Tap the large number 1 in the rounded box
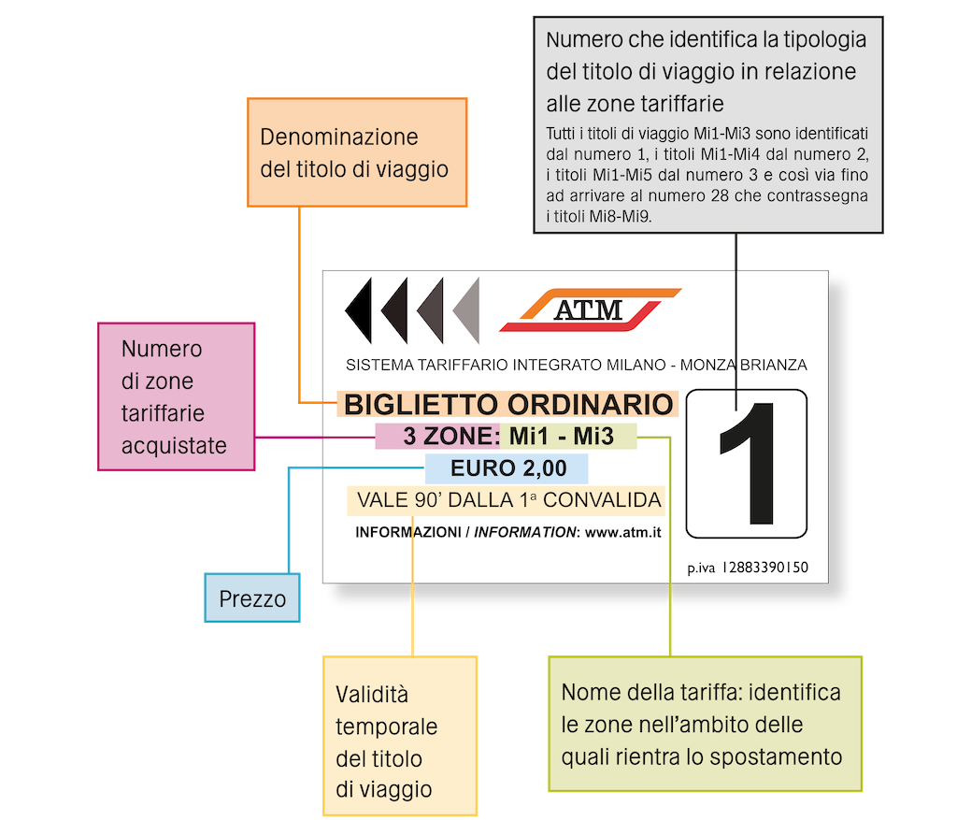pyautogui.click(x=747, y=463)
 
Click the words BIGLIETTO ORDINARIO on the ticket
pyautogui.click(x=508, y=405)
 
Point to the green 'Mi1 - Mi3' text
pyautogui.click(x=567, y=437)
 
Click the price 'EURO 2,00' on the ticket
pyautogui.click(x=507, y=468)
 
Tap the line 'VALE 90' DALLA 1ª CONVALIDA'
pyautogui.click(x=506, y=500)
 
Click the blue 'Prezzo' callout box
pyautogui.click(x=252, y=598)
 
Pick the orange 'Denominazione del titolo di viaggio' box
pyautogui.click(x=356, y=152)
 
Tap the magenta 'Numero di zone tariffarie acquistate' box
pyautogui.click(x=176, y=397)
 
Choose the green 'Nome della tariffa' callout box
pyautogui.click(x=704, y=725)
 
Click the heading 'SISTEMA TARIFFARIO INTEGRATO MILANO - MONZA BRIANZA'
pyautogui.click(x=576, y=365)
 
